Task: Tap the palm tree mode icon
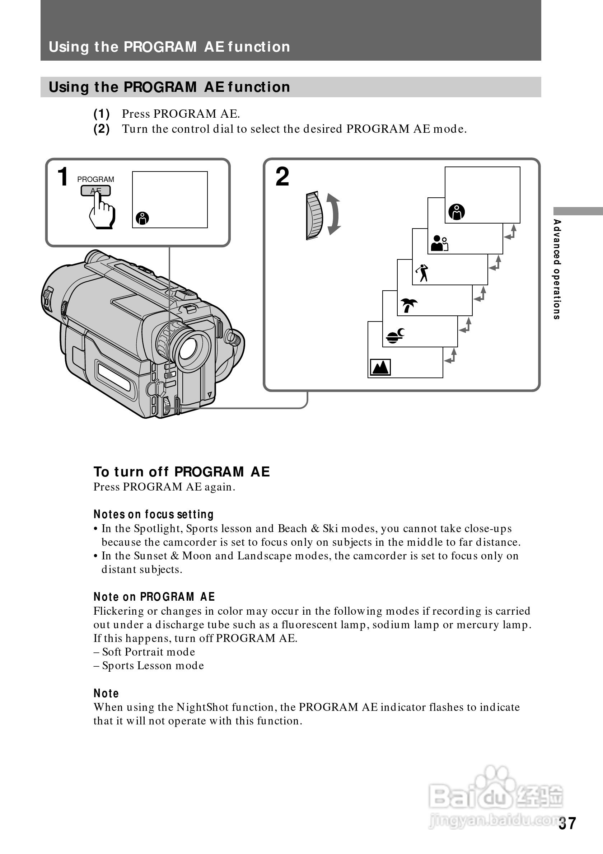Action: coord(408,305)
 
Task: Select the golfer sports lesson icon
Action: coord(422,273)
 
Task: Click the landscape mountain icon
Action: coord(380,367)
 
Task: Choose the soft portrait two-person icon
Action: coord(439,243)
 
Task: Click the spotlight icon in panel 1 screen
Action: coord(142,218)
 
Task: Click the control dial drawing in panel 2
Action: coord(314,215)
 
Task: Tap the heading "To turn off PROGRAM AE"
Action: coord(182,471)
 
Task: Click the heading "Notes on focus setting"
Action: coord(154,514)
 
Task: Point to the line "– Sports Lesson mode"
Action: coord(149,665)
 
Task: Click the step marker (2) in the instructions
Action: coord(102,129)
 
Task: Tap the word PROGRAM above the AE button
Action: coord(95,179)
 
